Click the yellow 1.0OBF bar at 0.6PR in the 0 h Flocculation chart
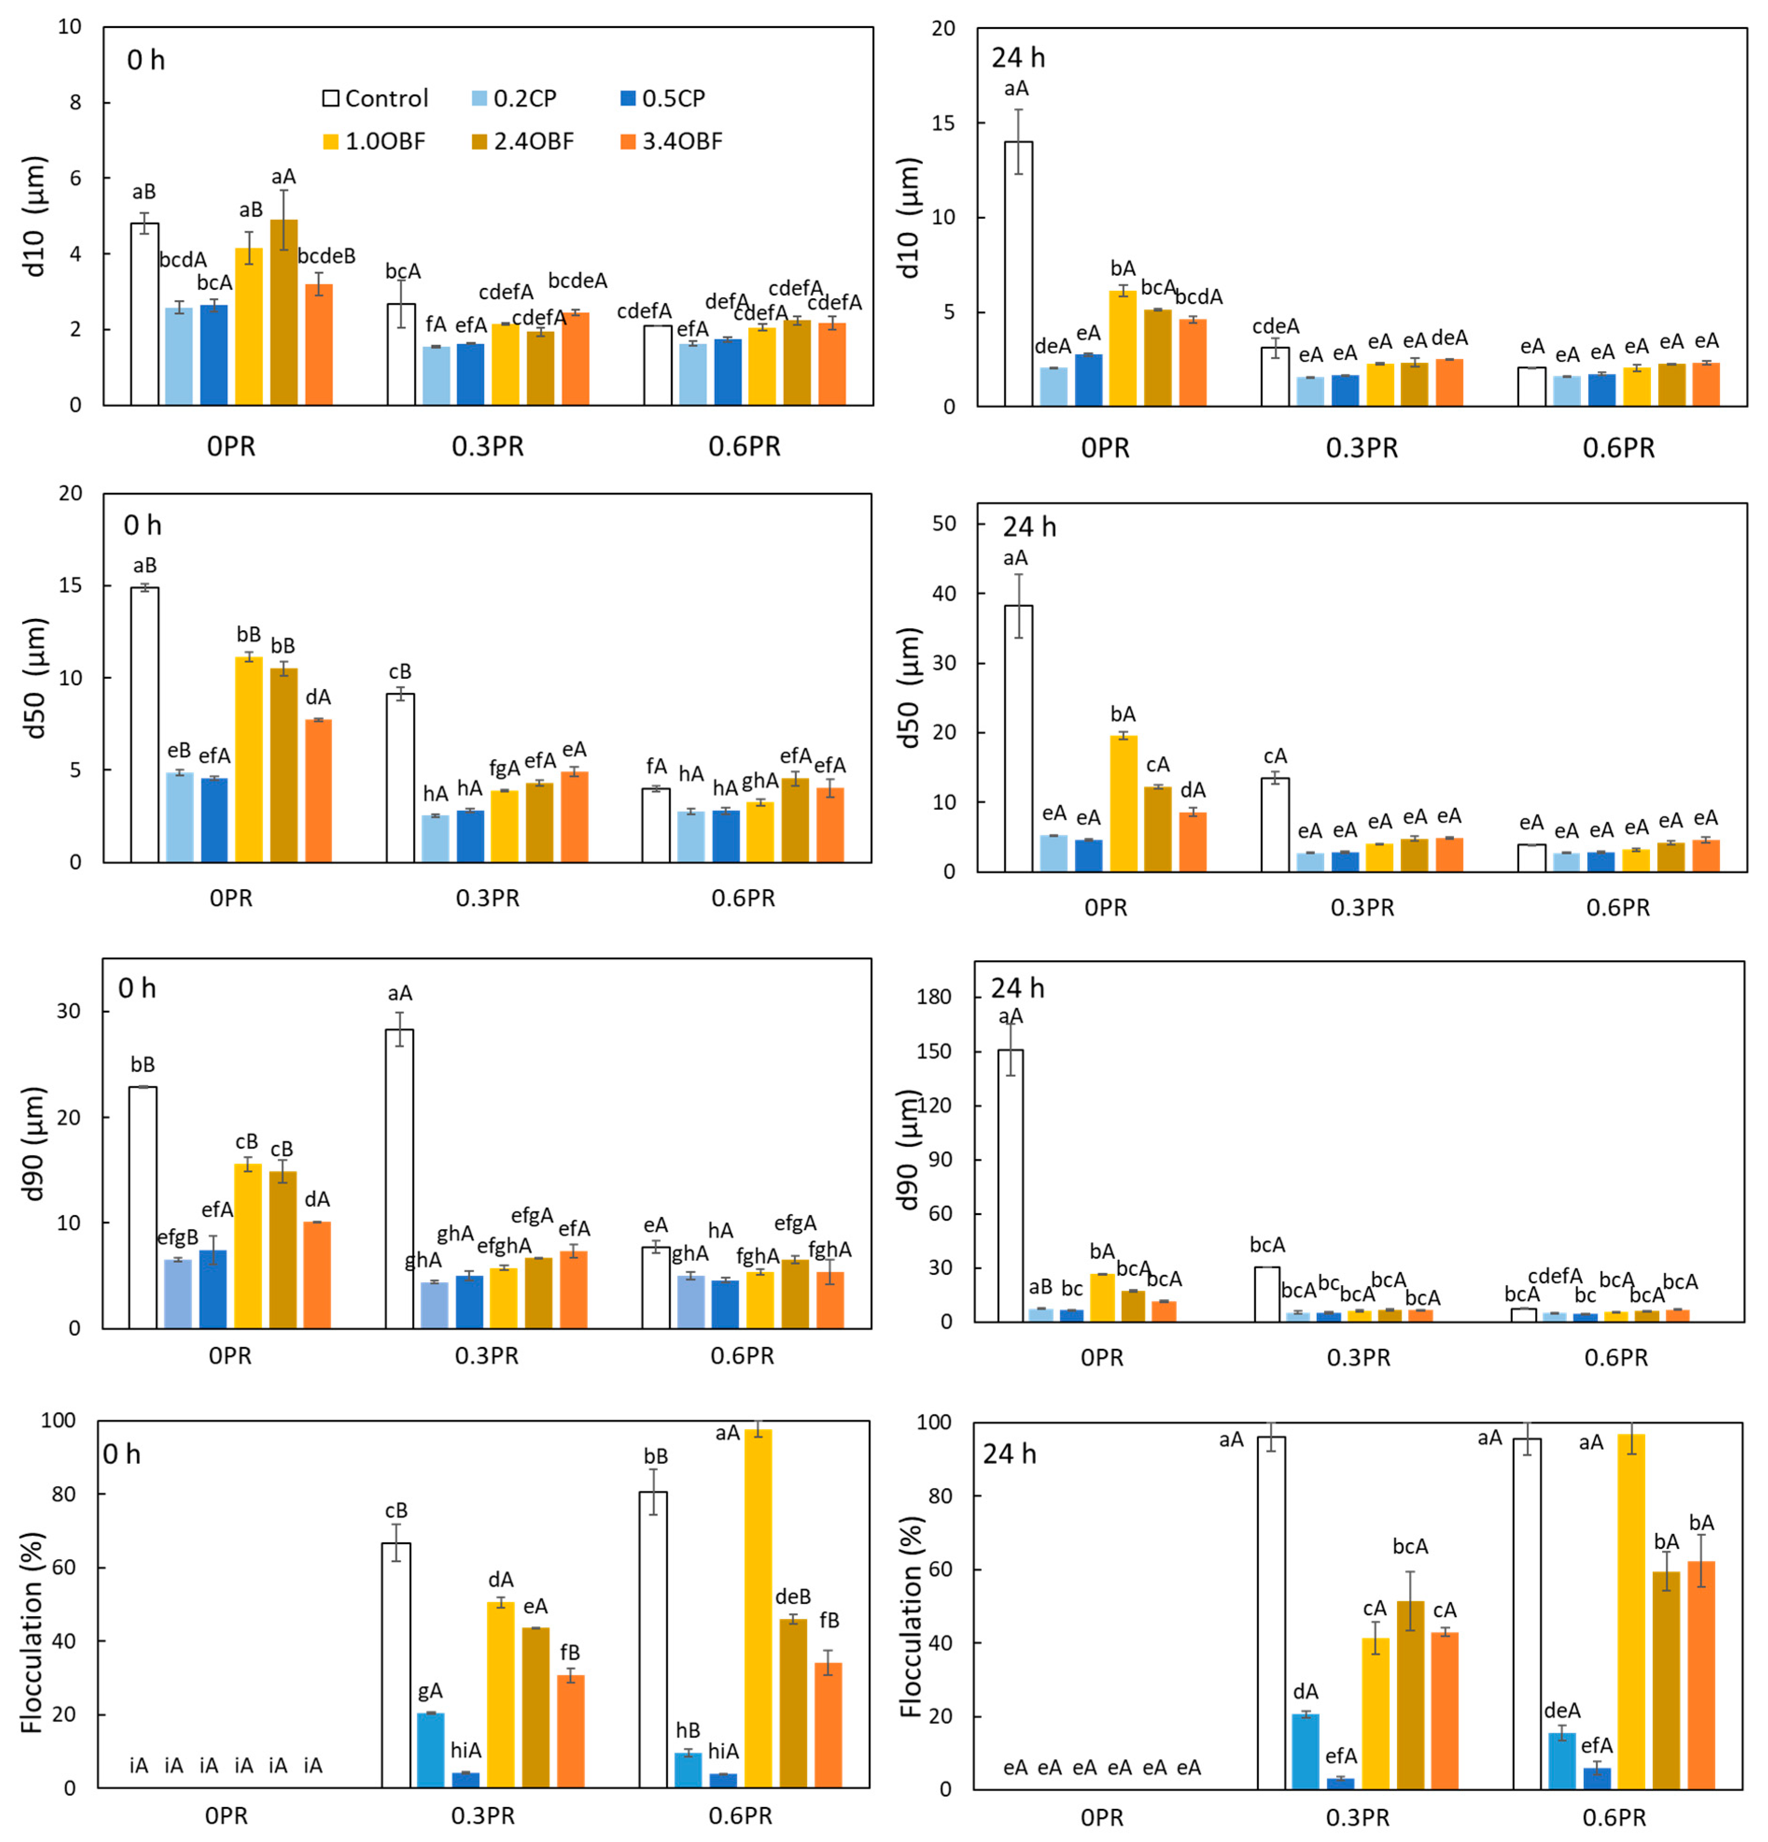pyautogui.click(x=758, y=1607)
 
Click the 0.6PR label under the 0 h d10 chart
pyautogui.click(x=744, y=446)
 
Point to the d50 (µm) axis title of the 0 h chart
pyautogui.click(x=36, y=677)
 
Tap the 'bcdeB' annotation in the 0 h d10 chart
pyautogui.click(x=326, y=256)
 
